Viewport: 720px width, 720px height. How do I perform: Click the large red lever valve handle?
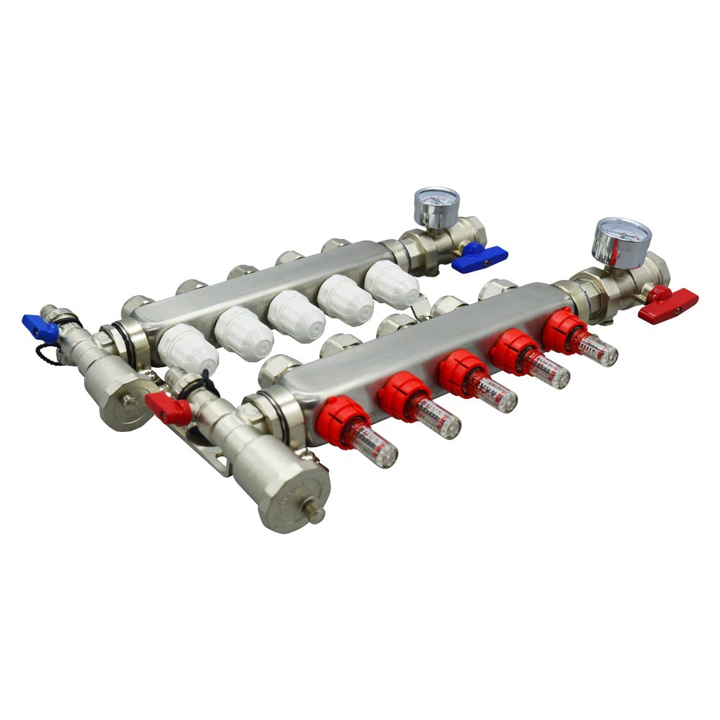(x=667, y=302)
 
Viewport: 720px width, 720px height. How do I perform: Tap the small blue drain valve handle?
(x=39, y=328)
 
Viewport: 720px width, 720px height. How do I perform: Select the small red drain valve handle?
(x=168, y=408)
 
